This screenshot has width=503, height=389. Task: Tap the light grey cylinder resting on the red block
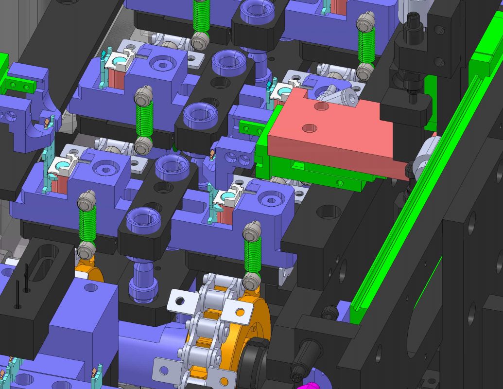[x=340, y=97]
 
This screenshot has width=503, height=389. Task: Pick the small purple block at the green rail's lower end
[x=344, y=311]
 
